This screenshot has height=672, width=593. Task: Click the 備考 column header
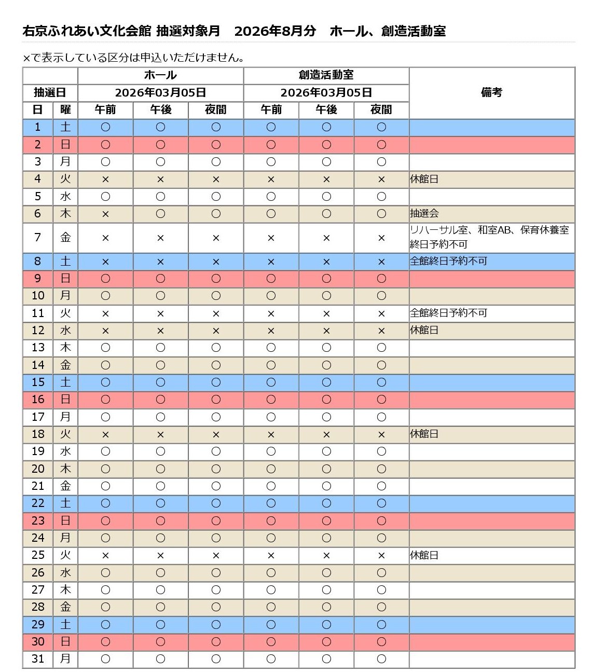point(491,92)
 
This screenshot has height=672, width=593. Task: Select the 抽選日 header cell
point(50,92)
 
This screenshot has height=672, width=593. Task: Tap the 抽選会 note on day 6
point(424,213)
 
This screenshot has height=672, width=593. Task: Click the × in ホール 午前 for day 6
point(105,213)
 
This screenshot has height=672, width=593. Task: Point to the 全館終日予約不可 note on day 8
point(448,261)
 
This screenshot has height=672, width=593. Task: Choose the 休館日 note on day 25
point(424,555)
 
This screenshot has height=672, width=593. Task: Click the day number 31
point(38,659)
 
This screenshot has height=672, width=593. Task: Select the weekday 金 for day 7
point(65,237)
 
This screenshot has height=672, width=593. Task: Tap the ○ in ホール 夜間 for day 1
point(216,127)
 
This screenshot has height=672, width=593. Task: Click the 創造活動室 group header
point(326,75)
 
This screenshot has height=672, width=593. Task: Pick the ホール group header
point(160,75)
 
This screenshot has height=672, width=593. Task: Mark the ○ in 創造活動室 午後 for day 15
point(326,382)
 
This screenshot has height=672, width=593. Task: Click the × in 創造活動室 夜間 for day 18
point(381,434)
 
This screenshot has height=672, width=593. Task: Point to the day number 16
point(38,400)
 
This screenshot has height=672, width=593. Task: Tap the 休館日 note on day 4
point(424,179)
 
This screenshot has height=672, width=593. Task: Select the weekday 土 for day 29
point(65,624)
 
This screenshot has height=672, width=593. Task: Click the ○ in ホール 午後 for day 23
point(160,520)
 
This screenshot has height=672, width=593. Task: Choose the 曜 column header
point(65,109)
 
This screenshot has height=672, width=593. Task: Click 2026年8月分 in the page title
point(275,31)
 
